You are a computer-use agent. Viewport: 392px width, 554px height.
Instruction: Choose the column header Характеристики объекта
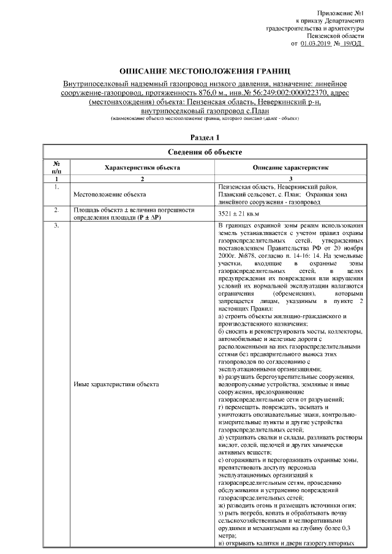pyautogui.click(x=142, y=167)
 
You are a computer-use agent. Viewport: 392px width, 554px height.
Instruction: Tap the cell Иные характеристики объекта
pyautogui.click(x=116, y=384)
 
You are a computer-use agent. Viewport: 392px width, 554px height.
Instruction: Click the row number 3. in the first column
pyautogui.click(x=56, y=226)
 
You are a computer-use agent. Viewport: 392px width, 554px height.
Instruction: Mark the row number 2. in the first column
pyautogui.click(x=56, y=210)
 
